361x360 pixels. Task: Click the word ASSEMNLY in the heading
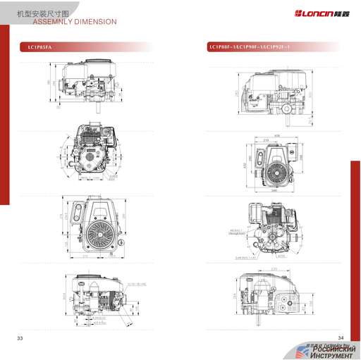[54, 22]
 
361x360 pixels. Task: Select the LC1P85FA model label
[39, 46]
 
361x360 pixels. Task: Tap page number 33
[20, 339]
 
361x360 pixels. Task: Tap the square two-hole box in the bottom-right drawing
[288, 300]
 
